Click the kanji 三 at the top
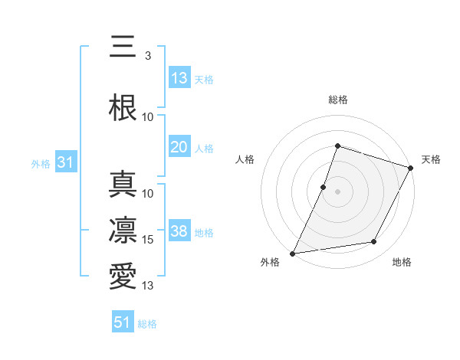point(123,47)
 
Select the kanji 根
point(123,107)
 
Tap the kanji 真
point(123,184)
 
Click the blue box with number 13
point(179,78)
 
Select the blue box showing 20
point(179,147)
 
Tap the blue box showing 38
point(179,231)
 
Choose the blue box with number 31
point(66,163)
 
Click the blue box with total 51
point(123,322)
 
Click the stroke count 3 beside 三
point(148,56)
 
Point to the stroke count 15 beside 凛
point(149,240)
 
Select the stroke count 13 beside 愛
point(149,286)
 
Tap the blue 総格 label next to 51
point(147,324)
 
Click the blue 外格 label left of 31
point(41,164)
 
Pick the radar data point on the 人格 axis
point(324,187)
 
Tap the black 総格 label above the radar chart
point(337,100)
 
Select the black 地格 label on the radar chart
point(402,262)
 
